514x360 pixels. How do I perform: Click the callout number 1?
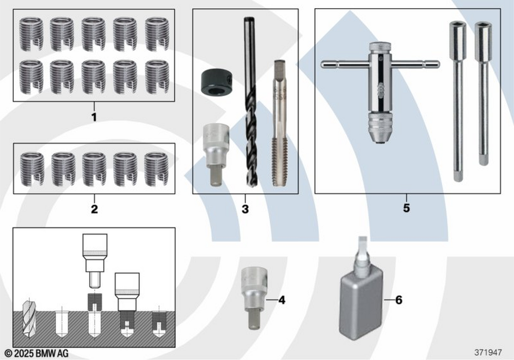[x=94, y=117]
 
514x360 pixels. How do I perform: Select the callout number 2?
[x=95, y=209]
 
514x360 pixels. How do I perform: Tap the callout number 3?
[x=245, y=209]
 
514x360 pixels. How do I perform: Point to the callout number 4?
[x=282, y=300]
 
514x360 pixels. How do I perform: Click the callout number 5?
[x=407, y=208]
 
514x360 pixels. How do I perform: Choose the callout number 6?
[x=399, y=300]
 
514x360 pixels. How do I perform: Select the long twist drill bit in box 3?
[x=250, y=102]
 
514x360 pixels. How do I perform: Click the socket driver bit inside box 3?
[x=215, y=154]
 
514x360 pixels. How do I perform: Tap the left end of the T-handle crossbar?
[x=322, y=64]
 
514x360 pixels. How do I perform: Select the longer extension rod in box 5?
[x=457, y=101]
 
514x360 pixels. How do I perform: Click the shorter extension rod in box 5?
[x=483, y=94]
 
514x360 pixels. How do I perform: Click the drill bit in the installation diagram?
[x=28, y=318]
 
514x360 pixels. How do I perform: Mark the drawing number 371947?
[x=488, y=352]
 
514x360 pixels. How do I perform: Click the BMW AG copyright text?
[x=36, y=353]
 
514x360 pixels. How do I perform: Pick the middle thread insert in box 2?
[x=94, y=169]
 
